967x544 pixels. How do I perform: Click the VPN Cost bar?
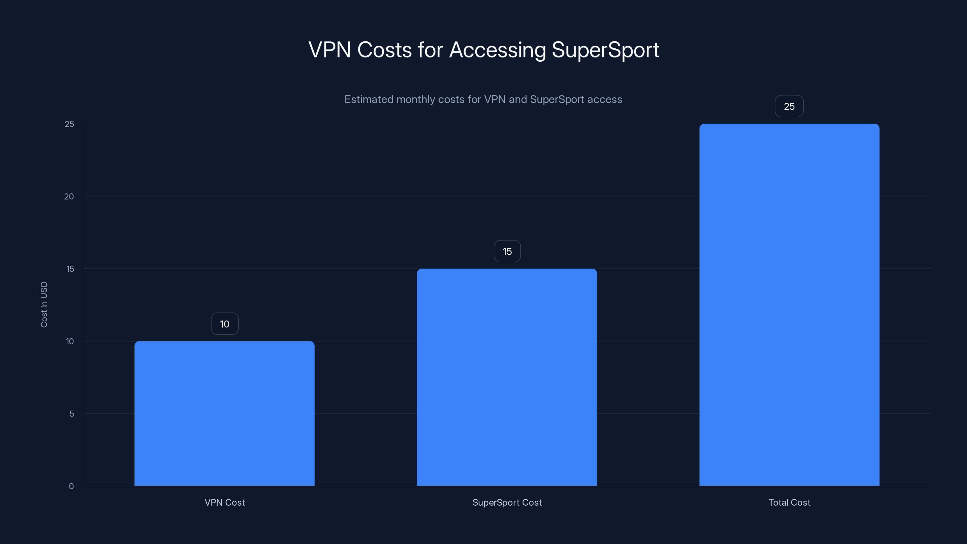[225, 413]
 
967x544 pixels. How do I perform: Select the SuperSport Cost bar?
[507, 377]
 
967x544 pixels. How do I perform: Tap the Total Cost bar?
[789, 304]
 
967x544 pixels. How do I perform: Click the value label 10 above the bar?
[225, 324]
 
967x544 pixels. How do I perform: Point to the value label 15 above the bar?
[507, 251]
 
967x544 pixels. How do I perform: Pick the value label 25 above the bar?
[789, 107]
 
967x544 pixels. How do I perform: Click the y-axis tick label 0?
[71, 486]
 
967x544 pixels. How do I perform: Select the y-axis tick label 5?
[72, 414]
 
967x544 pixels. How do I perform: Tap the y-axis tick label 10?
[70, 341]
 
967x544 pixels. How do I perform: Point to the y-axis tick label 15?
[70, 269]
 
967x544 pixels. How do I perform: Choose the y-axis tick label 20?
[69, 196]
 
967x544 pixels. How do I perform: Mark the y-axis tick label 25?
[70, 124]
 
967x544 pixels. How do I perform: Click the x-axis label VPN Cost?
[225, 502]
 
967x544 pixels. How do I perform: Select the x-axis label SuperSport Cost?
[507, 502]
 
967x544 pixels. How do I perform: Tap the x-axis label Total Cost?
[789, 502]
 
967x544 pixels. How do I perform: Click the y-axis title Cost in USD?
[44, 304]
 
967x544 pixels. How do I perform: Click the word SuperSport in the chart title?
[605, 50]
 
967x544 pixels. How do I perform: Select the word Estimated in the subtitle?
[369, 99]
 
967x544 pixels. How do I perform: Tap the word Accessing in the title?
[497, 50]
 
